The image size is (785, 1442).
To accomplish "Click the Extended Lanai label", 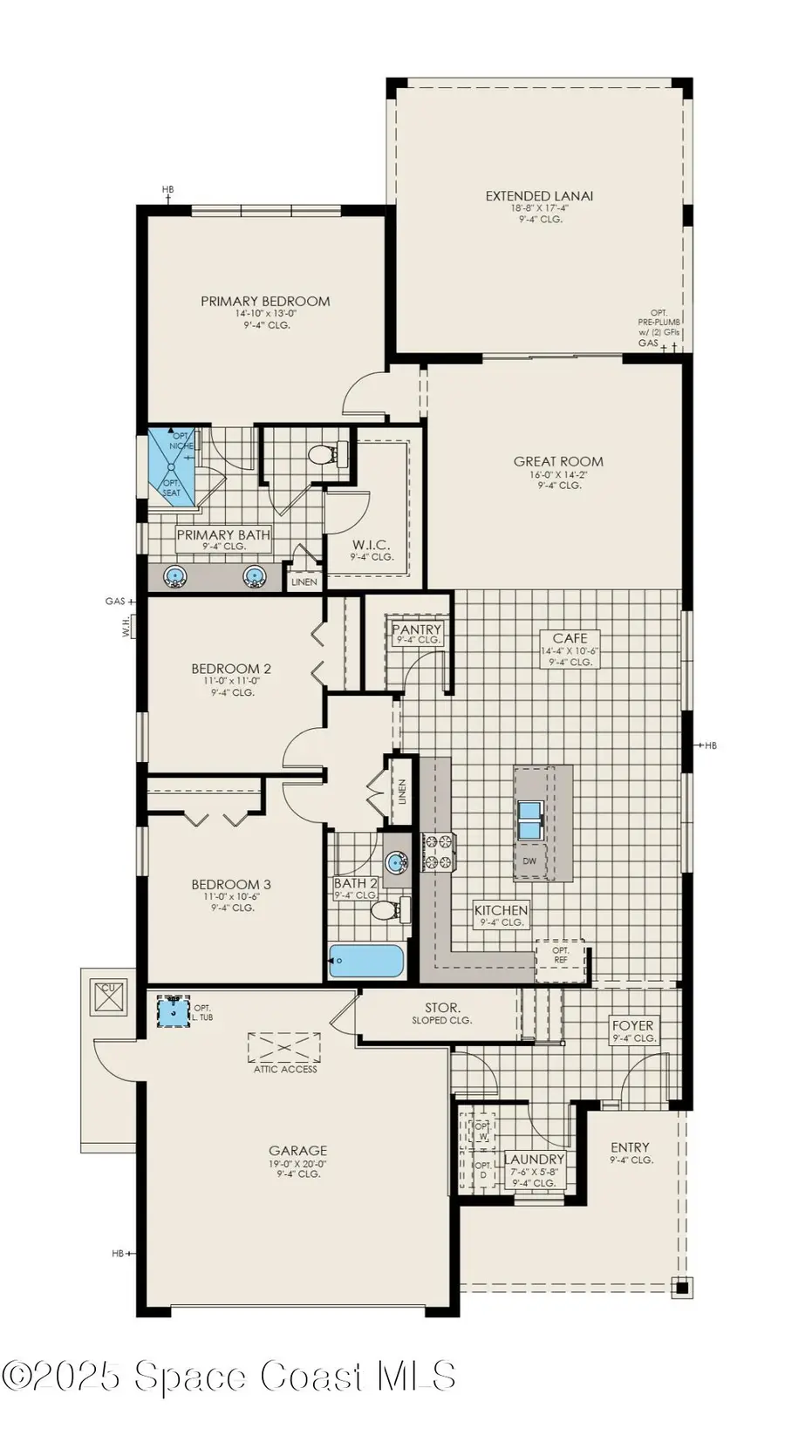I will [x=538, y=197].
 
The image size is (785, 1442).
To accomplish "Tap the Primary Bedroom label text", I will [x=265, y=302].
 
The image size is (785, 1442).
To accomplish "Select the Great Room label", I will [x=558, y=462].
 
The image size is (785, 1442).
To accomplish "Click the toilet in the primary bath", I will [x=324, y=454].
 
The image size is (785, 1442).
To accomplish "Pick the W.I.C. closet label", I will [x=372, y=546].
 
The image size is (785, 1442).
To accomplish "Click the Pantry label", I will [x=417, y=629].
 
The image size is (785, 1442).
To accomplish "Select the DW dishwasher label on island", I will [x=529, y=861].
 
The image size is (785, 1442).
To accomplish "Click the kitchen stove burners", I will [x=438, y=852].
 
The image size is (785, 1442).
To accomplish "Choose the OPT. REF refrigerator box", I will [x=560, y=955].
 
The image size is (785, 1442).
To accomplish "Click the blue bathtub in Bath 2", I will [x=366, y=962].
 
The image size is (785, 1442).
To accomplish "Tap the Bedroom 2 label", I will [x=231, y=670].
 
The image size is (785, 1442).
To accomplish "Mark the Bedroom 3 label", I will [x=231, y=885].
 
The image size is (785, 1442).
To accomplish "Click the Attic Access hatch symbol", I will [x=284, y=1047].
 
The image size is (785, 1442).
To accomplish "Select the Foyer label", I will [x=632, y=1026].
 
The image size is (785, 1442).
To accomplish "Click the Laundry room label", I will [x=534, y=1160].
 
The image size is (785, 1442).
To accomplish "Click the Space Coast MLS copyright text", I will [x=229, y=1377].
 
